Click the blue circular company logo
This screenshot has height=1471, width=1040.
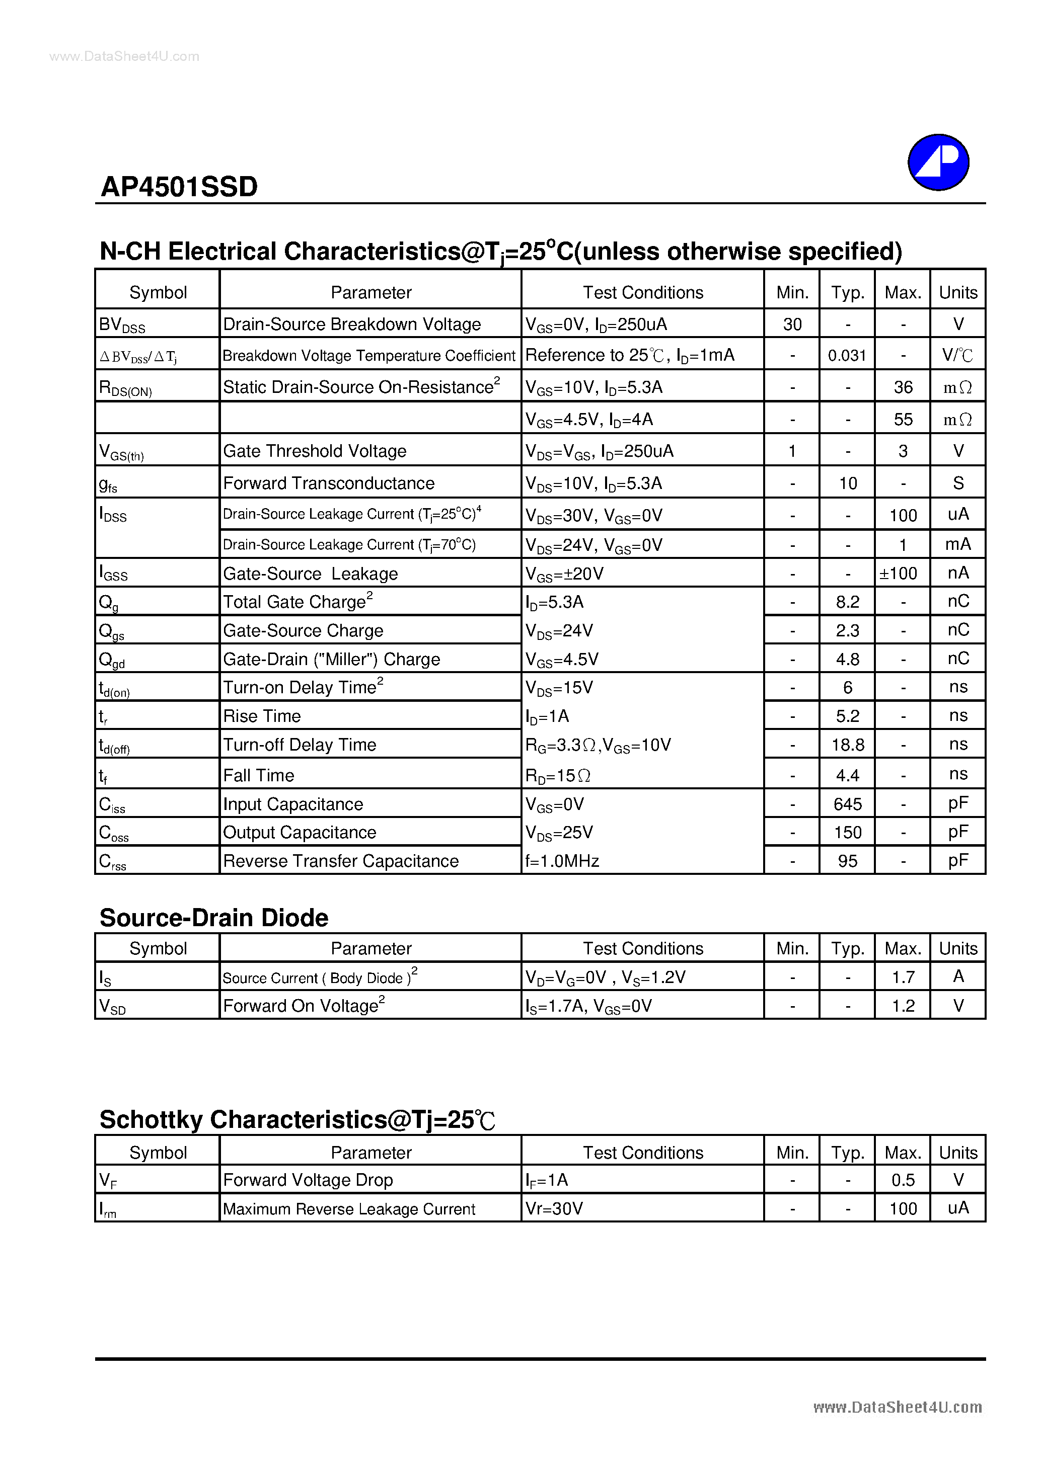point(937,162)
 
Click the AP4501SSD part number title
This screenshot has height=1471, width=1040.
point(179,187)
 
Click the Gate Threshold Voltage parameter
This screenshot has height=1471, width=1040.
point(314,451)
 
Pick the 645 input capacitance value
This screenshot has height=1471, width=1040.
point(847,804)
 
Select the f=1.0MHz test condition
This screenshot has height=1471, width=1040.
point(562,861)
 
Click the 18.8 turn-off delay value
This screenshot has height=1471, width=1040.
point(847,745)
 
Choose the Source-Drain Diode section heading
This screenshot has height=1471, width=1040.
point(213,918)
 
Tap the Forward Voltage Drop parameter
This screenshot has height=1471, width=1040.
point(308,1180)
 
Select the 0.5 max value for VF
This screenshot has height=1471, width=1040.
point(902,1180)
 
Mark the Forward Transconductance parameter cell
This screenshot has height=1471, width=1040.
point(328,483)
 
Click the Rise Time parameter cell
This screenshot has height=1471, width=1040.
point(262,716)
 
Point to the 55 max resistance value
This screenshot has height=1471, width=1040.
point(902,420)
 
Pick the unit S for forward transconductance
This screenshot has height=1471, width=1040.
point(958,483)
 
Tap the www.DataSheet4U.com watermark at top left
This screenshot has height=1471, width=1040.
point(124,56)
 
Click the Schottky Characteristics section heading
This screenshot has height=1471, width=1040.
point(298,1119)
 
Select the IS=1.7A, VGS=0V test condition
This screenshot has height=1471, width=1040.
point(588,1006)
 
